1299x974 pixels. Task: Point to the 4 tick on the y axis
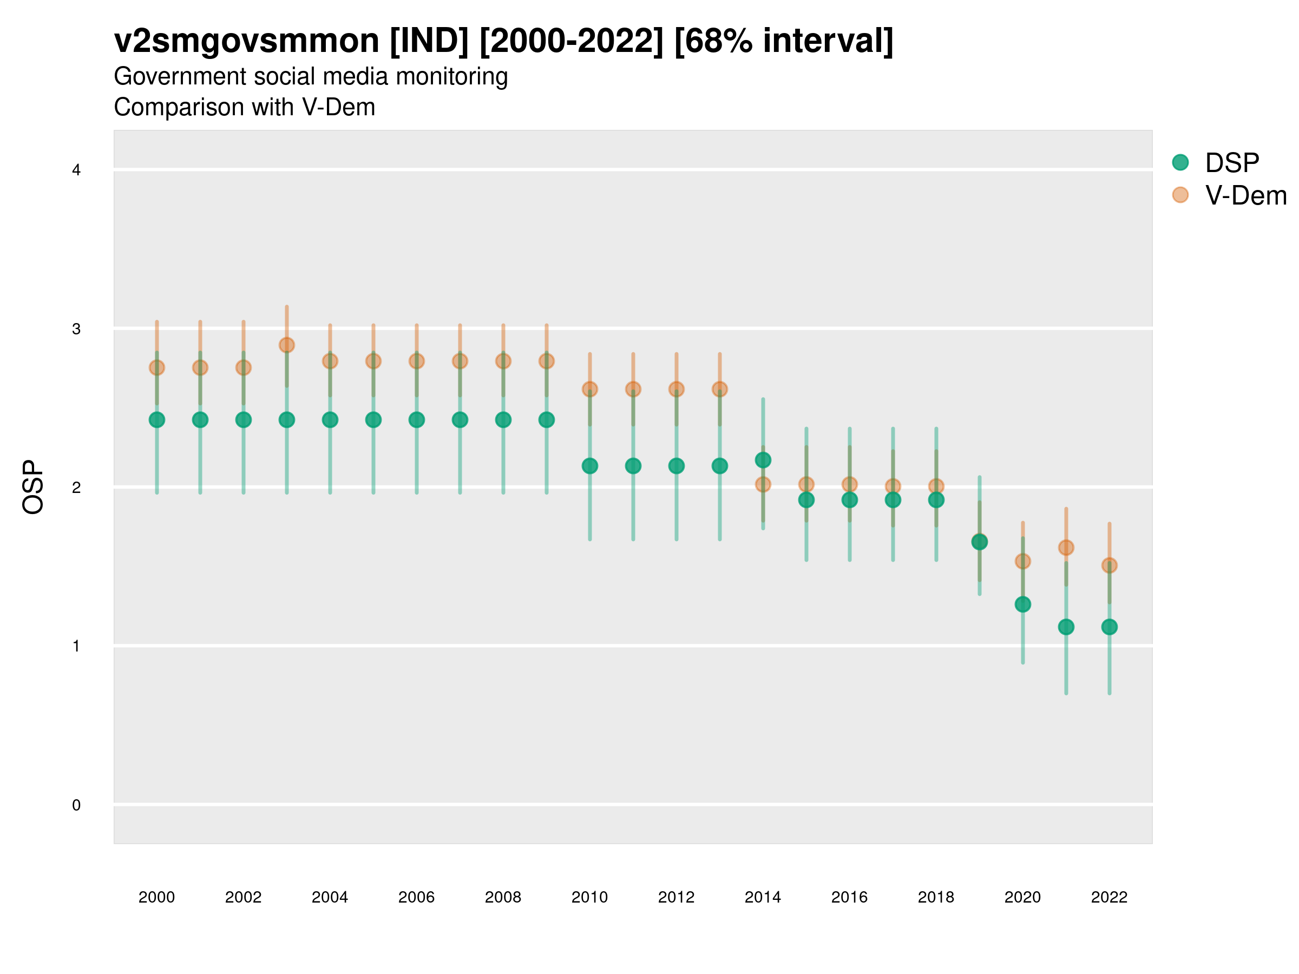76,170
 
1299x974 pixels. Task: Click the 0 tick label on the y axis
76,805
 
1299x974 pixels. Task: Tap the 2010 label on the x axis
589,897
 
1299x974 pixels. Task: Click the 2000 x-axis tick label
157,897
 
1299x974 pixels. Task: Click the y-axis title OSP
33,488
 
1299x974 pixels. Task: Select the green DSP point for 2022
1110,627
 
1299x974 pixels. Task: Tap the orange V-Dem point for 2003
286,345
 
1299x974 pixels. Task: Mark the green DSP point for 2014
763,460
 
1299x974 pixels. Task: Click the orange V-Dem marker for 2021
1066,548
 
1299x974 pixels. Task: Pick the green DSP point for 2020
1023,604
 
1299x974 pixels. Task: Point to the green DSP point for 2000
157,420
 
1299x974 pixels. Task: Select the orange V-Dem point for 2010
589,389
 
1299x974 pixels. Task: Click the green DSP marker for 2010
589,466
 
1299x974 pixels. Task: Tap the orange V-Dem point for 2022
1110,565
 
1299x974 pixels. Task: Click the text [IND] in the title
429,41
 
